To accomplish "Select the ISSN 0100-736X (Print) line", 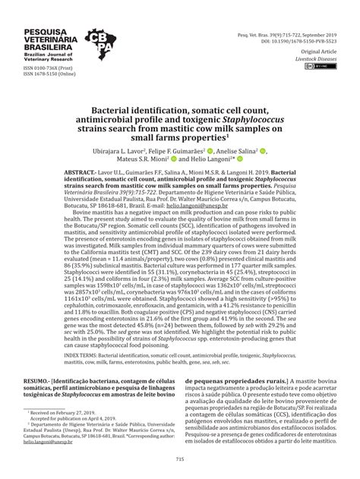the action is (x=33, y=69).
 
